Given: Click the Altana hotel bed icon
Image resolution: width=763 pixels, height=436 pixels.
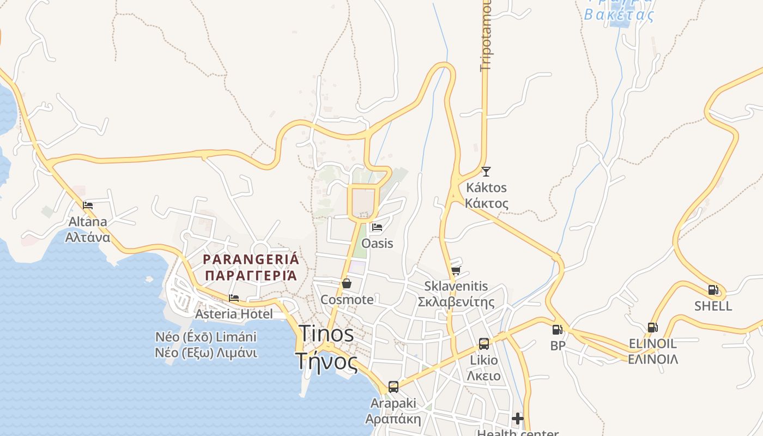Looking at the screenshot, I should coord(88,205).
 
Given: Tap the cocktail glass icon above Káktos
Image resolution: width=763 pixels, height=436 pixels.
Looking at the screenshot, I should coord(486,172).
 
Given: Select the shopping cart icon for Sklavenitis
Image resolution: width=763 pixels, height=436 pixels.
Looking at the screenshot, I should coord(456,270).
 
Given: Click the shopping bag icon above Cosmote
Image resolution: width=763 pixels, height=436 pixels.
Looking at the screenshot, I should coord(346,283).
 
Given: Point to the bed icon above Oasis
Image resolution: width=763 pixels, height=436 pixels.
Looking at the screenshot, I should coord(377,227).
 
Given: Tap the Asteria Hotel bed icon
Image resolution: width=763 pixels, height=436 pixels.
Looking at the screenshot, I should coord(234,298).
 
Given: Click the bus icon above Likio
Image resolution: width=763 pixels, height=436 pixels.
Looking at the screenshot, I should coord(484,343).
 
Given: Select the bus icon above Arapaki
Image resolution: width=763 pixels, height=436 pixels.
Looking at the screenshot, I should coord(393,387).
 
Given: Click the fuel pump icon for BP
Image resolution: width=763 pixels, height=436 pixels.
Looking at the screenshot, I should coord(557,329).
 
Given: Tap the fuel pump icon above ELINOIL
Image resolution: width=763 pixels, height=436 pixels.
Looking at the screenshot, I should coord(652,328).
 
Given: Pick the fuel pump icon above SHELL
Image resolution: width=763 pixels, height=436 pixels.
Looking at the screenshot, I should coord(713,290).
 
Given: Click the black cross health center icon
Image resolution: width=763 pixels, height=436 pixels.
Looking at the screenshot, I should coord(518,419).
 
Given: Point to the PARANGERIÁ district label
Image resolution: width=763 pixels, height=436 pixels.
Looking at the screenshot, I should coord(251,259).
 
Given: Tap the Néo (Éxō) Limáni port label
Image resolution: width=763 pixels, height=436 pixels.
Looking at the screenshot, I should coord(206,337).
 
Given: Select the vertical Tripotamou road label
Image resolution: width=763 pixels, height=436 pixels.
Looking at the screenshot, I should coord(486,35).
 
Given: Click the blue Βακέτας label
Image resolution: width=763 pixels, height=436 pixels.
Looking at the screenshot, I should coord(619,15).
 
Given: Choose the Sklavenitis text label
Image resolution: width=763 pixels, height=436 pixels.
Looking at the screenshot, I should coord(456,286).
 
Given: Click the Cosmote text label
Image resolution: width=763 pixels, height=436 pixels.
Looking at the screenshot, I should coord(347,299).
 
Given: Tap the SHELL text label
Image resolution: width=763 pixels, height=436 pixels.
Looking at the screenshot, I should coord(713,306).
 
